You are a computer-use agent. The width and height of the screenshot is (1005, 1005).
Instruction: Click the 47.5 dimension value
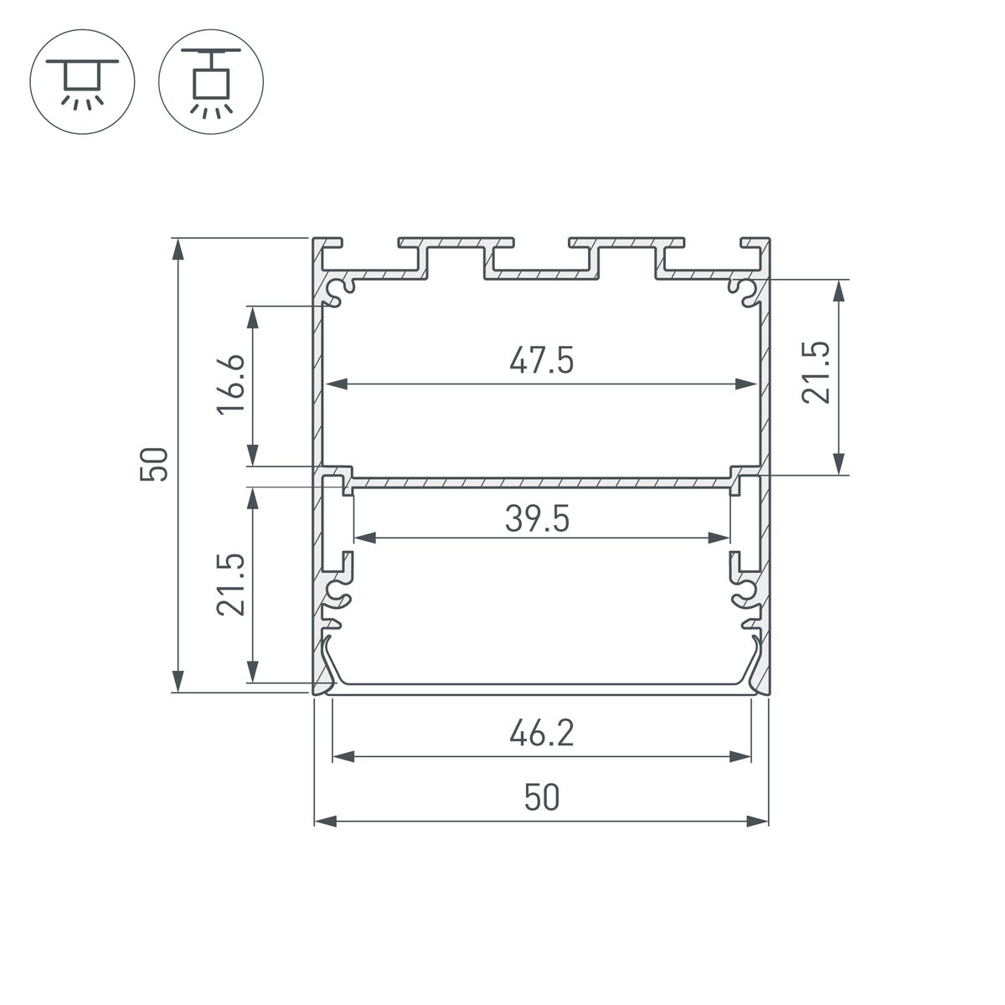pos(541,362)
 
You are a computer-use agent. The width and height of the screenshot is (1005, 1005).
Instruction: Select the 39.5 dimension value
pos(538,520)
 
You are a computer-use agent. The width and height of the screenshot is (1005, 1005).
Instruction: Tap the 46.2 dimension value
pos(541,735)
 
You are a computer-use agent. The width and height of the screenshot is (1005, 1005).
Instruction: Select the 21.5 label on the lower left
pos(232,585)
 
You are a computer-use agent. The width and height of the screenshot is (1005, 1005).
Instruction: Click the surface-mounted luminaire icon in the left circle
pos(82,82)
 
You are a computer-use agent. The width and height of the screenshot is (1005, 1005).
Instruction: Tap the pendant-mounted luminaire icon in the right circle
pos(211,82)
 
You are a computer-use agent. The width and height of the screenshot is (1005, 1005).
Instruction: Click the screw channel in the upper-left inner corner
pos(341,291)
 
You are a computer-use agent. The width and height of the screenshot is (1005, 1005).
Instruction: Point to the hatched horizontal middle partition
pos(541,482)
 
